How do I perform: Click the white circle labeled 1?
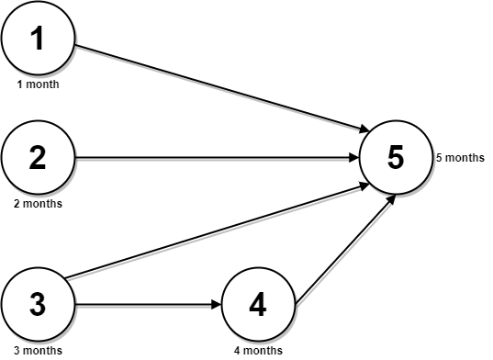(x=38, y=39)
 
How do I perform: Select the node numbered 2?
(x=38, y=158)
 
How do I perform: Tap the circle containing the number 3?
(x=38, y=304)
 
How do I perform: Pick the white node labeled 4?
(x=258, y=304)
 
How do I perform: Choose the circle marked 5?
(x=396, y=158)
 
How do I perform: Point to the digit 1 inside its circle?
(x=38, y=39)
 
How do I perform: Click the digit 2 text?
(x=38, y=158)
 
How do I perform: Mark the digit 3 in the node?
(x=38, y=304)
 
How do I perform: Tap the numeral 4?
(x=258, y=304)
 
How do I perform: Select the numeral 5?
(x=396, y=158)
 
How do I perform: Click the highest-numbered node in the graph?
(x=396, y=158)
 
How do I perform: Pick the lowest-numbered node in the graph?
(x=38, y=39)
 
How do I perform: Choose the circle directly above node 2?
(x=38, y=39)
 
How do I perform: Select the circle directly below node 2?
(x=38, y=304)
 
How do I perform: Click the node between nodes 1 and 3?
(x=38, y=158)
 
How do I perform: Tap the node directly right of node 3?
(x=258, y=304)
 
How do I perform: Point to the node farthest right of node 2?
(x=396, y=158)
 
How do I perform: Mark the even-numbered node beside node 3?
(x=258, y=304)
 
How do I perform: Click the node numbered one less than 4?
(x=38, y=304)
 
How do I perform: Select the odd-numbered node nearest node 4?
(x=396, y=158)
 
